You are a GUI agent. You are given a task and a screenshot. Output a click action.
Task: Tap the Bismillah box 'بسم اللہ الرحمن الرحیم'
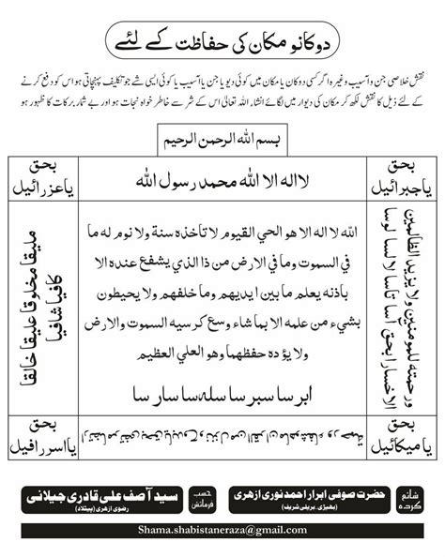[222, 139]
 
